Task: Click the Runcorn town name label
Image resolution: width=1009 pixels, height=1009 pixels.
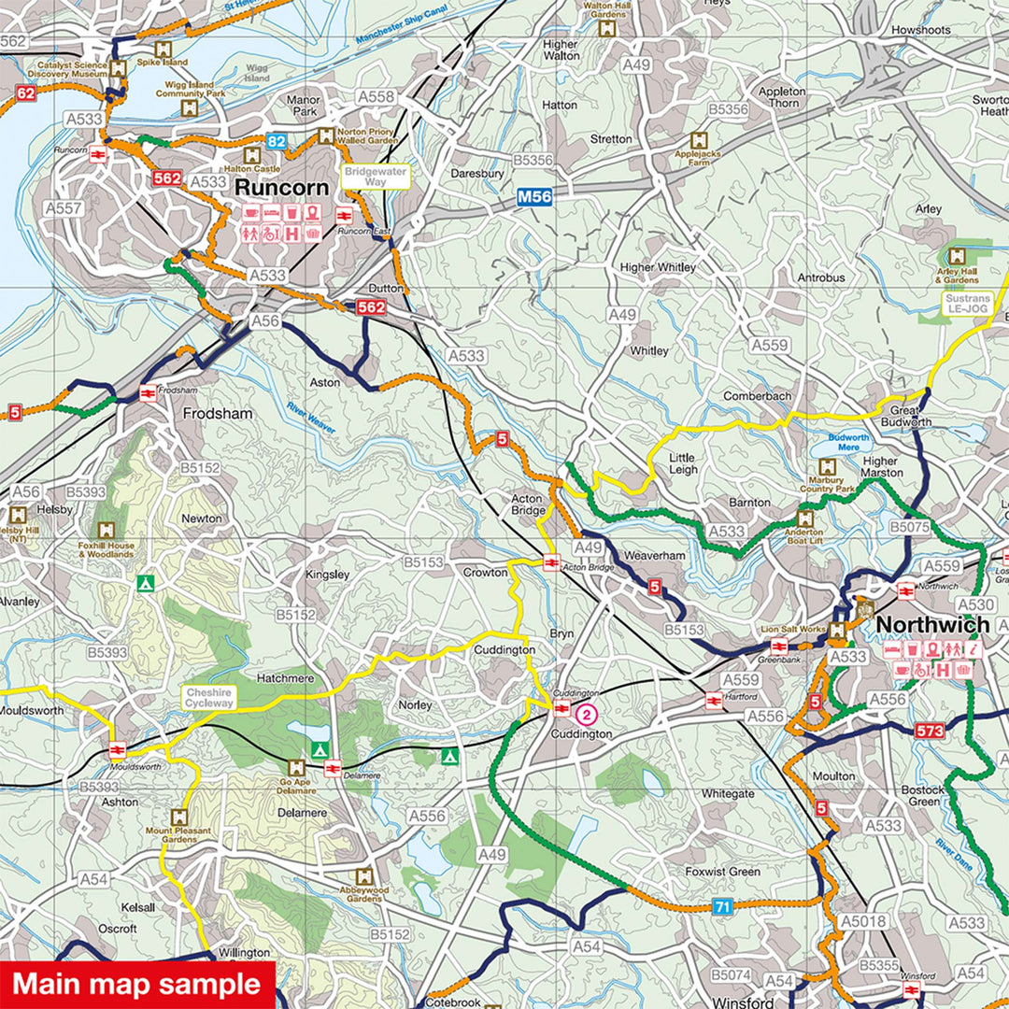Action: [281, 187]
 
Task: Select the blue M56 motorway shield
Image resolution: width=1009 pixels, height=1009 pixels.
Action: [535, 197]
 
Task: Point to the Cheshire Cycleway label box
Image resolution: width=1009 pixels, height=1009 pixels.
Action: [209, 697]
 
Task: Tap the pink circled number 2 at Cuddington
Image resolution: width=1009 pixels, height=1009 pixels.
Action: [586, 716]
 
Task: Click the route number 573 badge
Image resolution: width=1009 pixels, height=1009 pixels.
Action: [931, 731]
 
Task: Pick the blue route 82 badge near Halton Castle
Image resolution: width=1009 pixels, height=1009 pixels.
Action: [276, 142]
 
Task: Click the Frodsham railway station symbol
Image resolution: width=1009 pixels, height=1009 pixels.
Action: [148, 393]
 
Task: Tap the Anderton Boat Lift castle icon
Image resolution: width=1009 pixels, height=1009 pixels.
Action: [803, 519]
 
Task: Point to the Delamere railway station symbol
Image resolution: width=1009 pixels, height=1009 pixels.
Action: [332, 768]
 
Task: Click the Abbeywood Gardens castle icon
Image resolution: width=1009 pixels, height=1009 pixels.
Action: [365, 874]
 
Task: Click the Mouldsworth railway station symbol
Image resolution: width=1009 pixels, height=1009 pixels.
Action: [118, 750]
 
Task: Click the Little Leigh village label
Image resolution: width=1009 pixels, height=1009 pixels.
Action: [683, 463]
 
